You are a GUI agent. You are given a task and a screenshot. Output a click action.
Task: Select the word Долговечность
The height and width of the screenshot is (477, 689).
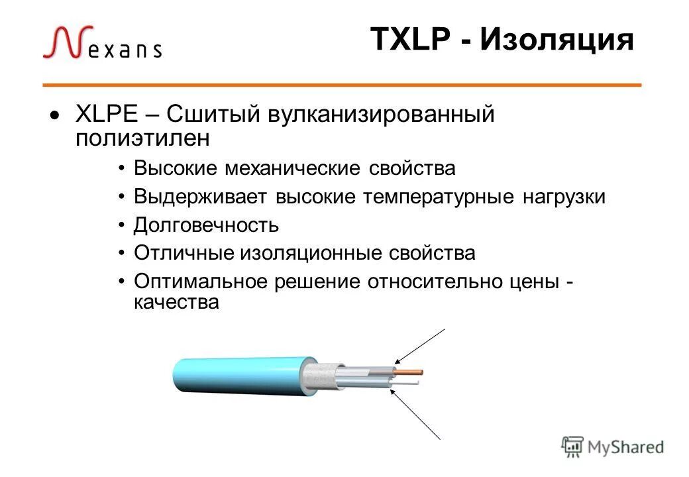coord(206,225)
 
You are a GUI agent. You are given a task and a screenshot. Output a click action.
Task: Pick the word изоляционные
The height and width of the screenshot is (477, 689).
coord(292,253)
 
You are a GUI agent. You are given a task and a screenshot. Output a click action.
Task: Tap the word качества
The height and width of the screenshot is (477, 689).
coord(176,303)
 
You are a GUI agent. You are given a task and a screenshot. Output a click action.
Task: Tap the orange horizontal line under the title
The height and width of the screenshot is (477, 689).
coord(342,85)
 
